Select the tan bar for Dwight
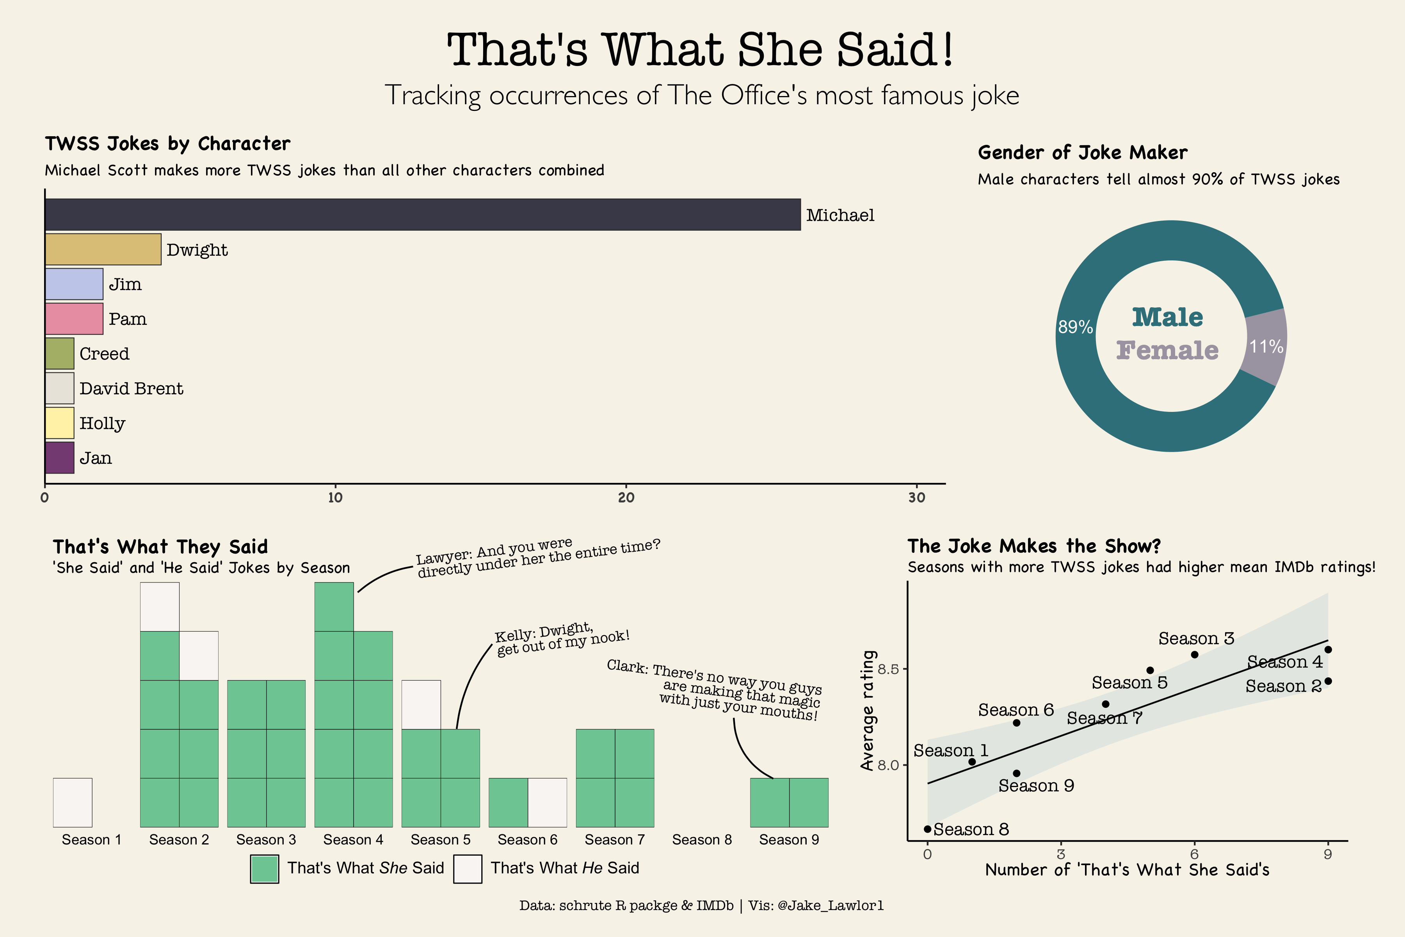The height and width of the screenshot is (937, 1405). tap(103, 249)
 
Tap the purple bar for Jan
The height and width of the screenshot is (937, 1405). tap(59, 458)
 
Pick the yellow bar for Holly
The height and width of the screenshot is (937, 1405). tap(59, 423)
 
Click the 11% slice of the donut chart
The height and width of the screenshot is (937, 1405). tap(1266, 347)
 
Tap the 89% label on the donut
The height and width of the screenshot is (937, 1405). tap(1075, 327)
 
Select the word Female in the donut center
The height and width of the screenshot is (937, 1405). tap(1167, 350)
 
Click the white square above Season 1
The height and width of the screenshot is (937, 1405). tap(72, 803)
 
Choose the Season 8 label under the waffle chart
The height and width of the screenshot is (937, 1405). tap(702, 840)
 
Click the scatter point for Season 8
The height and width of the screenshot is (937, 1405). tap(927, 829)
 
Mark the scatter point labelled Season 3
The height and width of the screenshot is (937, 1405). tap(1195, 654)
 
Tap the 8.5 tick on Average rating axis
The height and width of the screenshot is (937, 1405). tap(888, 669)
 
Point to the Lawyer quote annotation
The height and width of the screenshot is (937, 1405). tap(538, 558)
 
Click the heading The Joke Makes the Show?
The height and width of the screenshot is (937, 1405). tap(1033, 545)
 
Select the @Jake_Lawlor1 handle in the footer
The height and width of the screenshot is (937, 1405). tap(831, 905)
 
